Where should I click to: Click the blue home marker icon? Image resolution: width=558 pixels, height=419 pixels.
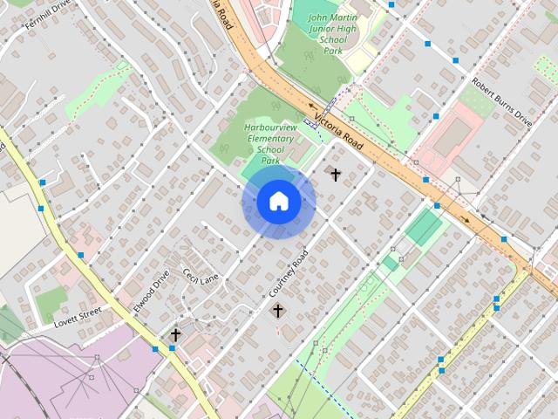pyautogui.click(x=279, y=202)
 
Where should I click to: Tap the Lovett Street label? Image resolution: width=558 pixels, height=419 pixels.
pyautogui.click(x=78, y=314)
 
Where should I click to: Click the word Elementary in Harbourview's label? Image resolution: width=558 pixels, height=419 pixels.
pyautogui.click(x=270, y=139)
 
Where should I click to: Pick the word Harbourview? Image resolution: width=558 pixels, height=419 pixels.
pyautogui.click(x=270, y=128)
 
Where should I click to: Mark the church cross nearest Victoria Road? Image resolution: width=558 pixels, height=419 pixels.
pyautogui.click(x=335, y=175)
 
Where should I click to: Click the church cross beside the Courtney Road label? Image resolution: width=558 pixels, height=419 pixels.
pyautogui.click(x=277, y=310)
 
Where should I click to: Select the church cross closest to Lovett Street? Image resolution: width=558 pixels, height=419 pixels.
pyautogui.click(x=175, y=334)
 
